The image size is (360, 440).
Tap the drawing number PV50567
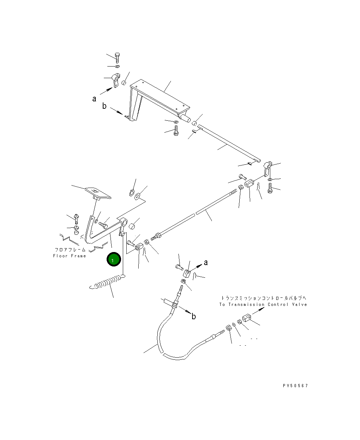coord(295,386)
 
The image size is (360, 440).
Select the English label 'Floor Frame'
coord(69,256)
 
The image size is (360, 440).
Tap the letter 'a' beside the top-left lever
coord(94,99)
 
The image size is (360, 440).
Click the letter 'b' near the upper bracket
coord(104,106)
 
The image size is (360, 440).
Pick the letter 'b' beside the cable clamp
coord(194,317)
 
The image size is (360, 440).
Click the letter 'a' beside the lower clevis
coord(206,262)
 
